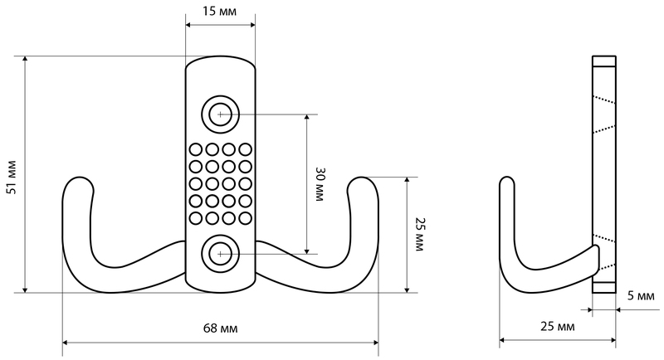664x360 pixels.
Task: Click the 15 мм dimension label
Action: pyautogui.click(x=219, y=11)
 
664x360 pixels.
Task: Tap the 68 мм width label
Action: pyautogui.click(x=220, y=328)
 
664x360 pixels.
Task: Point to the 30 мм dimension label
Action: pyautogui.click(x=320, y=184)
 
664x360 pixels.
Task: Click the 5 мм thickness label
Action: pyautogui.click(x=641, y=295)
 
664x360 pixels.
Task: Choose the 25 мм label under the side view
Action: pyautogui.click(x=558, y=326)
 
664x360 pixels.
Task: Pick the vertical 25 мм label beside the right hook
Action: pyautogui.click(x=419, y=235)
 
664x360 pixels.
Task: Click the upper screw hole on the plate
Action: pyautogui.click(x=220, y=114)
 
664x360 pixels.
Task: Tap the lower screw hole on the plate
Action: pyautogui.click(x=220, y=254)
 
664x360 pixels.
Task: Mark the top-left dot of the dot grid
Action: pyautogui.click(x=196, y=149)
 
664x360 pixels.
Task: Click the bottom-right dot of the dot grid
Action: pyautogui.click(x=245, y=218)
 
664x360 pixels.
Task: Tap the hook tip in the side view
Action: pyautogui.click(x=507, y=181)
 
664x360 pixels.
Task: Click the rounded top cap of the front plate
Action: pyautogui.click(x=220, y=59)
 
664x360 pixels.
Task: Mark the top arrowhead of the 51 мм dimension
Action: pyautogui.click(x=26, y=60)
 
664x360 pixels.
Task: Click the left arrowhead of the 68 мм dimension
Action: pyautogui.click(x=67, y=342)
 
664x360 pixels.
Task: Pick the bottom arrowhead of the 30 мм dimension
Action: pyautogui.click(x=307, y=250)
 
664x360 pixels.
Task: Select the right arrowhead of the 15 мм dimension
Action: pyautogui.click(x=251, y=25)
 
